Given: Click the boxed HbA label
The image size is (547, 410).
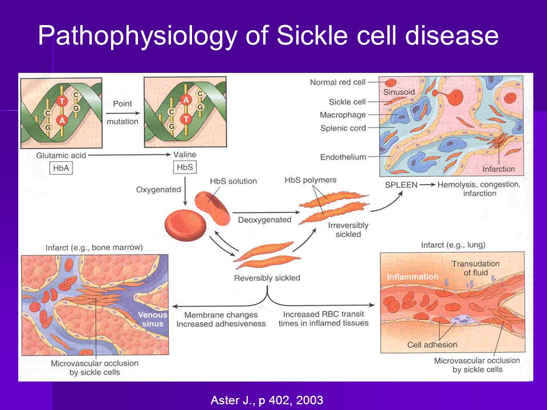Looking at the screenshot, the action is (x=61, y=169).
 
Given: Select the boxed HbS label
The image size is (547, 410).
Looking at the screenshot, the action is (x=185, y=167).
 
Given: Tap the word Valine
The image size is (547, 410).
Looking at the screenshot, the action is (x=185, y=154).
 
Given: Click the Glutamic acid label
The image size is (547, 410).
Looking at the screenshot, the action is (x=61, y=155).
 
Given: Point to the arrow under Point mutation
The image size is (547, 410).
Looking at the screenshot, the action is (x=123, y=113).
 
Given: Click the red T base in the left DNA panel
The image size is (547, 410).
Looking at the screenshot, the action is (x=62, y=101).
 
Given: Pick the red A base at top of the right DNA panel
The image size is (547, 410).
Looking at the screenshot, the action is (x=186, y=100).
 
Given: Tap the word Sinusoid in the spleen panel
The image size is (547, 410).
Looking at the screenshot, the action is (x=399, y=92).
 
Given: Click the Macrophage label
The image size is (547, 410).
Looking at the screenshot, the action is (x=342, y=115).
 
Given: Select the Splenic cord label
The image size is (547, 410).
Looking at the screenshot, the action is (x=343, y=128).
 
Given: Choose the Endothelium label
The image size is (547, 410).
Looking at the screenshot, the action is (x=343, y=157).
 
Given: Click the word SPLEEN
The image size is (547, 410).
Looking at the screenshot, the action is (x=401, y=184).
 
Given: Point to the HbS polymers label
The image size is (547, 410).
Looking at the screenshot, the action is (x=311, y=180).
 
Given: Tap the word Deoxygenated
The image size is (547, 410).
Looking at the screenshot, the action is (x=264, y=220).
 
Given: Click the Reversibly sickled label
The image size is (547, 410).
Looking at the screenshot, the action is (x=267, y=278).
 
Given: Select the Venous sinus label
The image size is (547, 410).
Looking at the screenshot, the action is (x=153, y=319).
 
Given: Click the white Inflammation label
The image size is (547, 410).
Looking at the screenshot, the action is (x=413, y=277).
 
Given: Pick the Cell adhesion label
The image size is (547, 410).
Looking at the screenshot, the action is (x=432, y=345).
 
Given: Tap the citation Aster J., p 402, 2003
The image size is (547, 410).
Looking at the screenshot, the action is (x=267, y=400).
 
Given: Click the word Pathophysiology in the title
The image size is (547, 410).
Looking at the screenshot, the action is (x=138, y=36).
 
